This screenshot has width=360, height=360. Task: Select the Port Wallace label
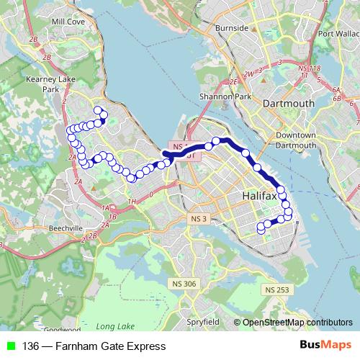[x=338, y=33]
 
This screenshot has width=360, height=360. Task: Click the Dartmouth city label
[x=289, y=104]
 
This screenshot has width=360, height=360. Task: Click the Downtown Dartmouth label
[x=296, y=140]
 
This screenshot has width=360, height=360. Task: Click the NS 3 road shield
[x=199, y=218]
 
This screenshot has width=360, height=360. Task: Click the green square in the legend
[x=10, y=346]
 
